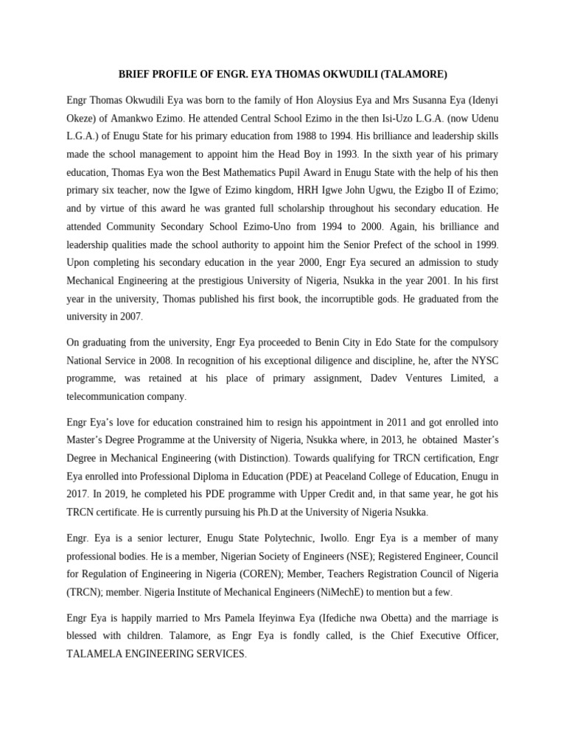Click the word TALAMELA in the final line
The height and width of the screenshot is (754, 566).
click(96, 654)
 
